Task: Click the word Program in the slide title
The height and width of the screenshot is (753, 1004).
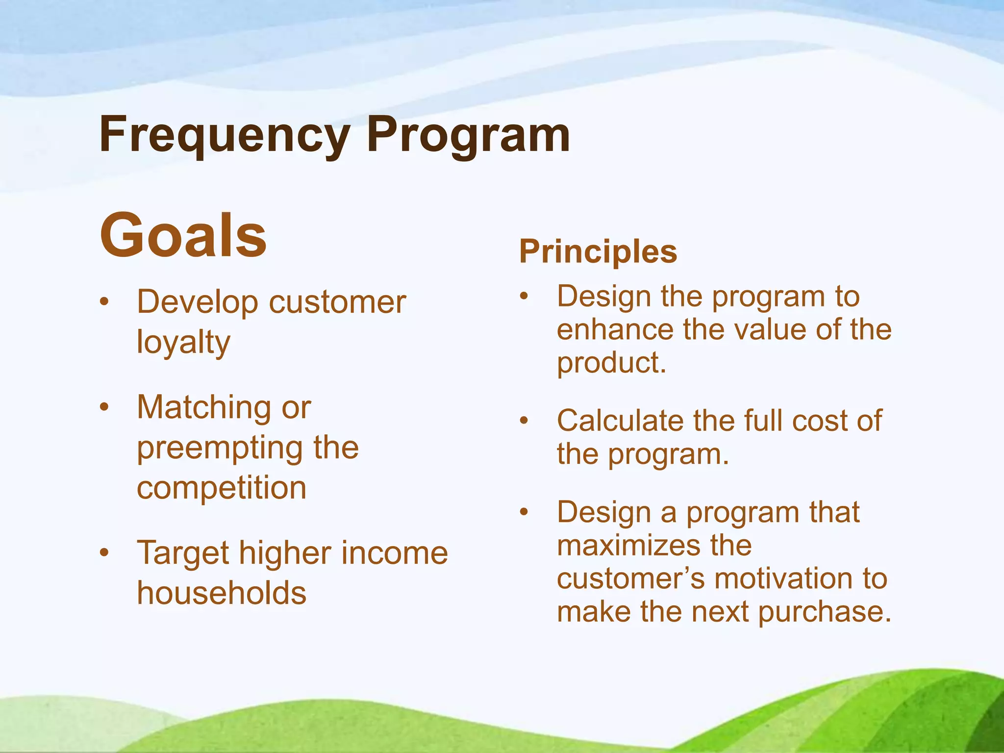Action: click(x=468, y=135)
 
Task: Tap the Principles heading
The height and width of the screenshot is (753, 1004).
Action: click(x=598, y=251)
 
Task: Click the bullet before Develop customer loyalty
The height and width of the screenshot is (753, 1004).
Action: click(x=103, y=301)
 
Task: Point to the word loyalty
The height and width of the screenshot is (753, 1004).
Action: click(x=183, y=342)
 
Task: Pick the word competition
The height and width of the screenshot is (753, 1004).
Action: click(x=222, y=488)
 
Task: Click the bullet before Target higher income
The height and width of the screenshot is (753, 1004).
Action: click(x=103, y=553)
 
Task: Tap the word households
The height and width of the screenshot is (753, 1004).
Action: click(x=222, y=593)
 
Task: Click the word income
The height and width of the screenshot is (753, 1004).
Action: click(x=395, y=553)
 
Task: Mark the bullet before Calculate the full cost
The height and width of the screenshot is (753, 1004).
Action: click(x=524, y=421)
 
